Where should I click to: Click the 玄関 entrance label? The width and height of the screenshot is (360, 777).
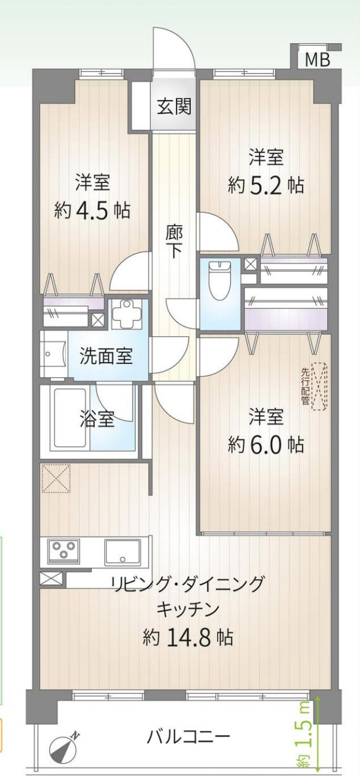coord(174,107)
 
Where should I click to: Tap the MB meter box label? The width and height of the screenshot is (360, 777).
coord(317,60)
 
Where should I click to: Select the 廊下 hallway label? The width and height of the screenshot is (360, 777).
coord(173,240)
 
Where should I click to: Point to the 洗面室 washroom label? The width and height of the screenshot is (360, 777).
coord(107,357)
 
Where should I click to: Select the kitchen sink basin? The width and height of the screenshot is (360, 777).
coord(123,552)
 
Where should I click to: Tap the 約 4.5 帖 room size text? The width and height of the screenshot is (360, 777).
coord(92,210)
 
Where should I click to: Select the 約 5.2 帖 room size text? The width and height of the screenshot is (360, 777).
coord(266,185)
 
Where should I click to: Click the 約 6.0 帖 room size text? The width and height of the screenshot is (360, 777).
coord(266,444)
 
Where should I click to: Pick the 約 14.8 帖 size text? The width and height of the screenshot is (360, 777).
coord(188,637)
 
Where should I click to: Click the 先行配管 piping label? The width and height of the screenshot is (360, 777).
coord(306,386)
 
